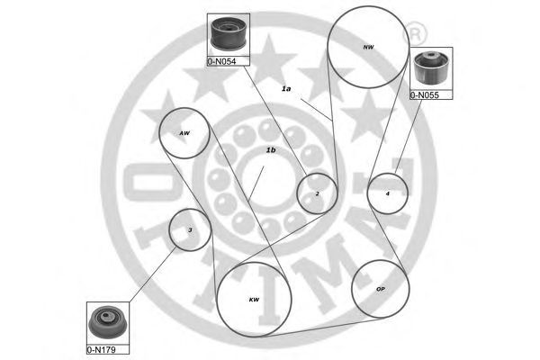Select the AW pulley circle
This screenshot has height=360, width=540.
tap(184, 134)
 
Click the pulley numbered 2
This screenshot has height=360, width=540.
tap(317, 193)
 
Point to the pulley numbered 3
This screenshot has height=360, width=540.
tap(190, 230)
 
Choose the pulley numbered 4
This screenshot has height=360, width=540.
tap(388, 193)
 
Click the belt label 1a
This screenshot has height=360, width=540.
tap(286, 88)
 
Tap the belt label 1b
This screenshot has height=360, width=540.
tap(270, 150)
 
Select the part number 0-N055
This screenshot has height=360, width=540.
tap(431, 93)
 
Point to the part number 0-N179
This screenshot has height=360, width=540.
tap(107, 346)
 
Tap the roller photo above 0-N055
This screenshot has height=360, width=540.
tap(431, 68)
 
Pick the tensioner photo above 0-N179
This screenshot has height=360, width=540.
tap(108, 321)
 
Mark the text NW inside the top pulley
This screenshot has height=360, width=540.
tap(367, 47)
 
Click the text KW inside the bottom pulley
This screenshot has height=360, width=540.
tap(253, 300)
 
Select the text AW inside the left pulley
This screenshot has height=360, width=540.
tap(184, 133)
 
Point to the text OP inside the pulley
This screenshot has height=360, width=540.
tap(380, 290)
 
